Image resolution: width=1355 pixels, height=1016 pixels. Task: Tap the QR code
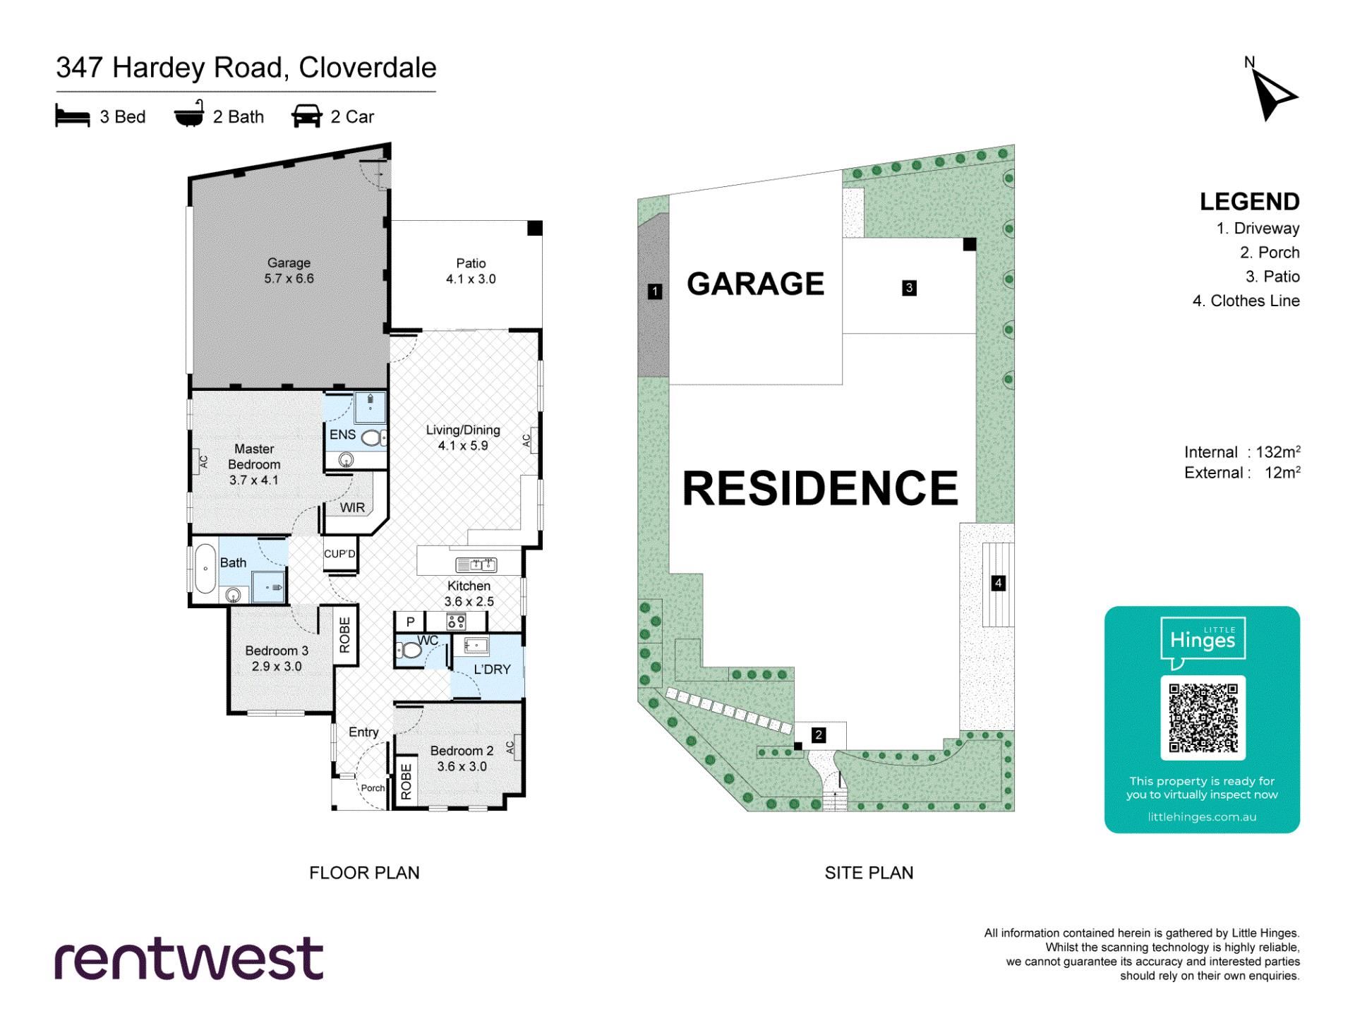pos(1203,718)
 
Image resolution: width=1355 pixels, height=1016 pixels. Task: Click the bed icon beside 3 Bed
pos(73,116)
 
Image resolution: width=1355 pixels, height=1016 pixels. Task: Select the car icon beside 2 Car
pos(306,116)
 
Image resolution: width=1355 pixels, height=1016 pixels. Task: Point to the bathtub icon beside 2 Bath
pos(189,114)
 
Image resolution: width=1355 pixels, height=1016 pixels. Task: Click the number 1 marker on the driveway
pos(655,291)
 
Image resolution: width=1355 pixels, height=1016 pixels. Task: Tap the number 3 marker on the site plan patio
pos(909,288)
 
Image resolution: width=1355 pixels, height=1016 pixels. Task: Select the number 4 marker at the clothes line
pos(998,583)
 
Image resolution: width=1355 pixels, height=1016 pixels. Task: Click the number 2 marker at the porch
pos(819,735)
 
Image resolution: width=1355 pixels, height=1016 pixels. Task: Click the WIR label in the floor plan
pos(352,507)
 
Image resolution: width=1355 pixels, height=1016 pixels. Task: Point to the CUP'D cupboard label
pos(339,554)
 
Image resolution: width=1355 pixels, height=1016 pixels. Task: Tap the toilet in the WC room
pos(409,651)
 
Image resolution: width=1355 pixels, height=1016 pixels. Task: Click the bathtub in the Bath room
pos(205,568)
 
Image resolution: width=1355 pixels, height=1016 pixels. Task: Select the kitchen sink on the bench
pos(476,564)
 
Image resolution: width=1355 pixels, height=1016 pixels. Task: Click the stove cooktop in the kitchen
pos(456,622)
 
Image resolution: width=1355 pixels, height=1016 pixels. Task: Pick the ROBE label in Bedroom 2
pos(406,782)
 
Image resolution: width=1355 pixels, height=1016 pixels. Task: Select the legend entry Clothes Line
pos(1255,301)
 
